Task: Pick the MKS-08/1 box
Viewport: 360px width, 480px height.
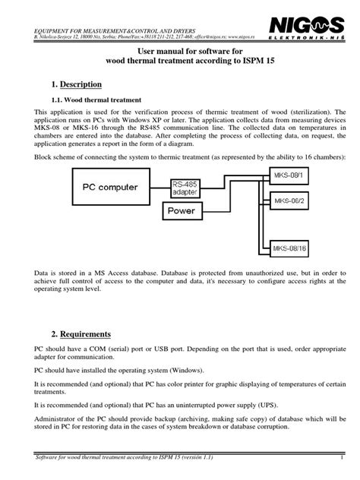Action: point(286,176)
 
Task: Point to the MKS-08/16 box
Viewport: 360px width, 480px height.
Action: point(288,248)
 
